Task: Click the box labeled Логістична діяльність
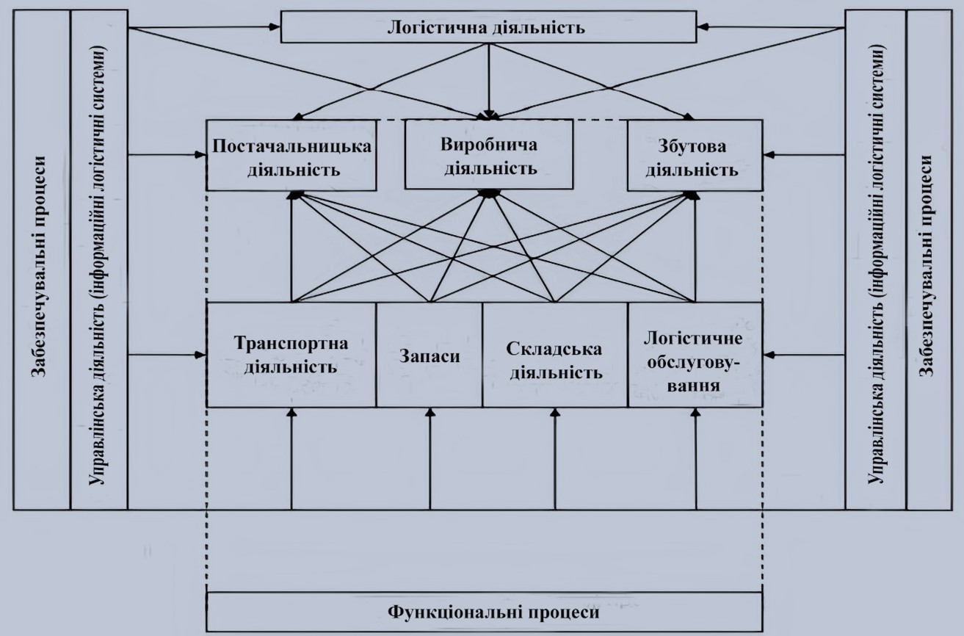[488, 29]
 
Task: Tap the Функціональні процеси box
[485, 611]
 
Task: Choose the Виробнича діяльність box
[488, 155]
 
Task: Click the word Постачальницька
[291, 145]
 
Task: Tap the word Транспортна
[291, 343]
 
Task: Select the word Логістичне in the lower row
[693, 339]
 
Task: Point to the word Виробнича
[488, 144]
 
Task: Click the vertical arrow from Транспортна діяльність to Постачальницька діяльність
[292, 246]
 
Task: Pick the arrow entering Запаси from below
[430, 459]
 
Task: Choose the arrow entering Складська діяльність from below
[554, 459]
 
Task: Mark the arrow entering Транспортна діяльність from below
[291, 459]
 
